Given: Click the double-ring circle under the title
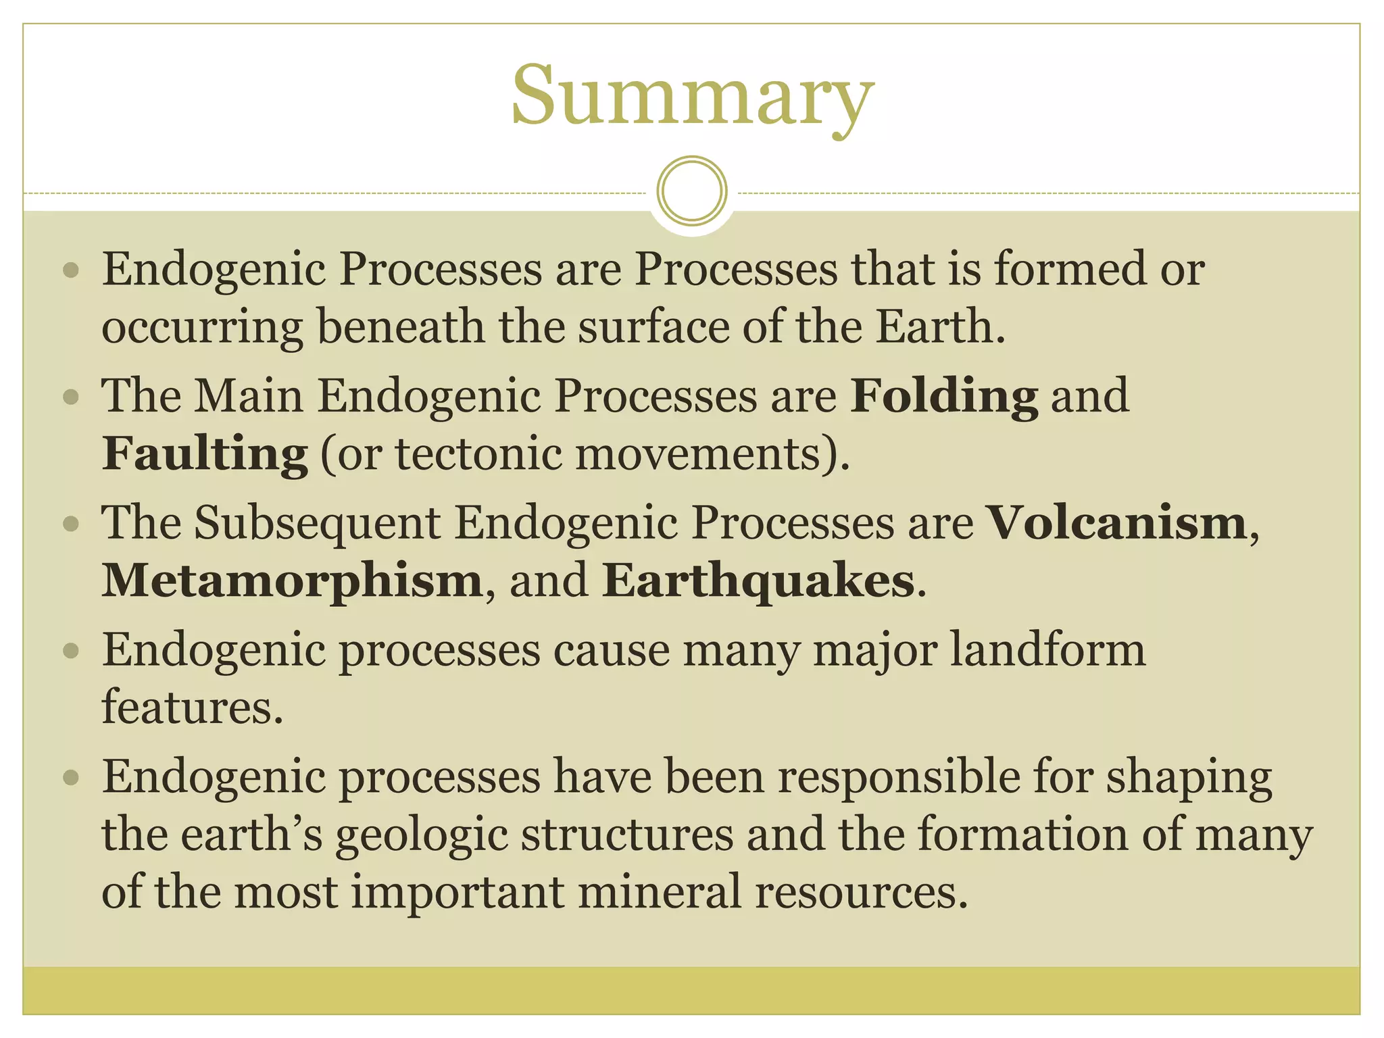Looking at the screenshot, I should [692, 191].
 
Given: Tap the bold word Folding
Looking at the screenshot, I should [944, 396].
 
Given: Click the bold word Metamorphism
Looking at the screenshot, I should [292, 580].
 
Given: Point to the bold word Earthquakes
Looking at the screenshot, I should [758, 580].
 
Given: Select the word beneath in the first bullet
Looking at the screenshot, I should [401, 327].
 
